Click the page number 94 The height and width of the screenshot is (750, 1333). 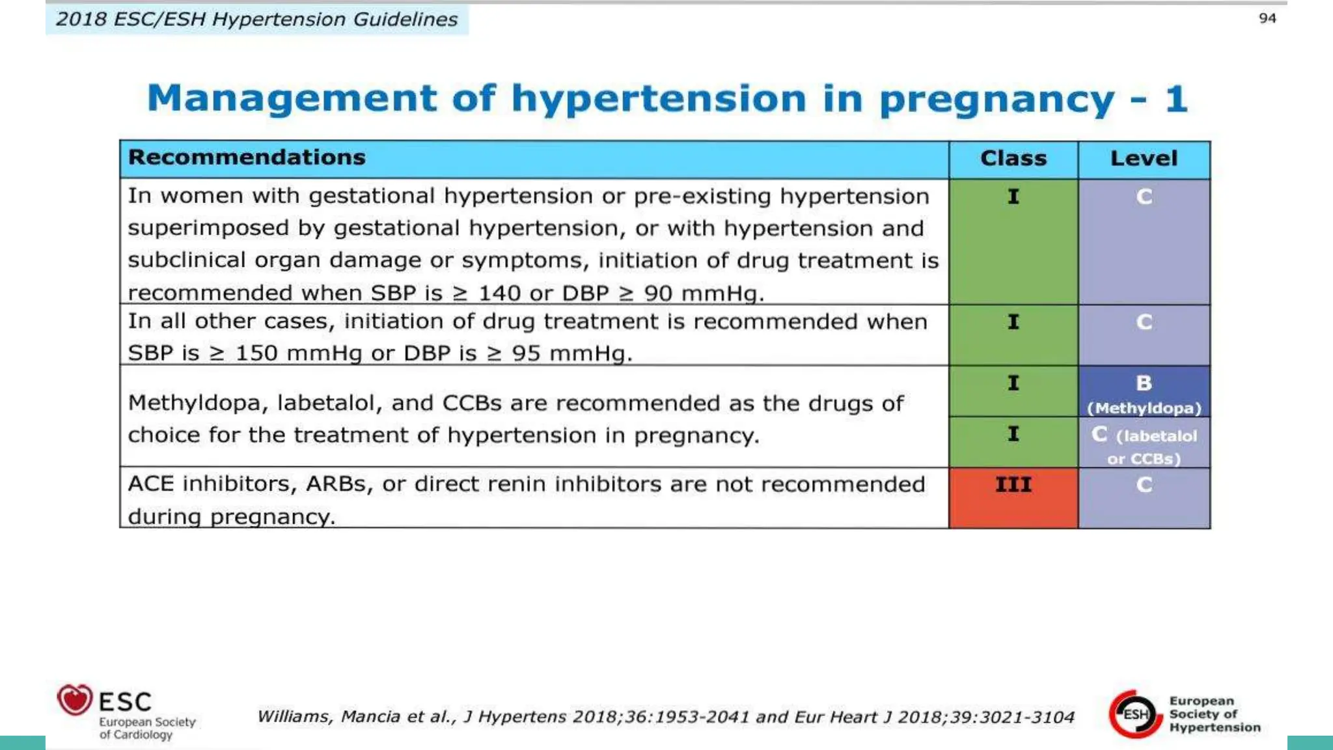[1267, 18]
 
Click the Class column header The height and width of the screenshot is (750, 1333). [1013, 158]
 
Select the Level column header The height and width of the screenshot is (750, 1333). [1144, 158]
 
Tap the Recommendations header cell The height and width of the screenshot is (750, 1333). [247, 158]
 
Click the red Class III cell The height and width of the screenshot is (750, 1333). [1013, 498]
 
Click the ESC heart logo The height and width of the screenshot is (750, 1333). [75, 701]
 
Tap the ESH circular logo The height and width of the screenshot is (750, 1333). [1135, 714]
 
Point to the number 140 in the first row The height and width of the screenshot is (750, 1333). [500, 293]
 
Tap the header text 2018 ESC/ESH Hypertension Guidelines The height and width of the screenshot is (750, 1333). [256, 20]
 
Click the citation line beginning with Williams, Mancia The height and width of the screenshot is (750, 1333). [665, 717]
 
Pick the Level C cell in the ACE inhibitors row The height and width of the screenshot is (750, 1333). [1144, 498]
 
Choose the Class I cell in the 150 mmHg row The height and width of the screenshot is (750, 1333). [1013, 335]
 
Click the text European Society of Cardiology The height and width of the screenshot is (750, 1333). [147, 728]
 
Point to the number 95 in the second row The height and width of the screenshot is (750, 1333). [526, 354]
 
